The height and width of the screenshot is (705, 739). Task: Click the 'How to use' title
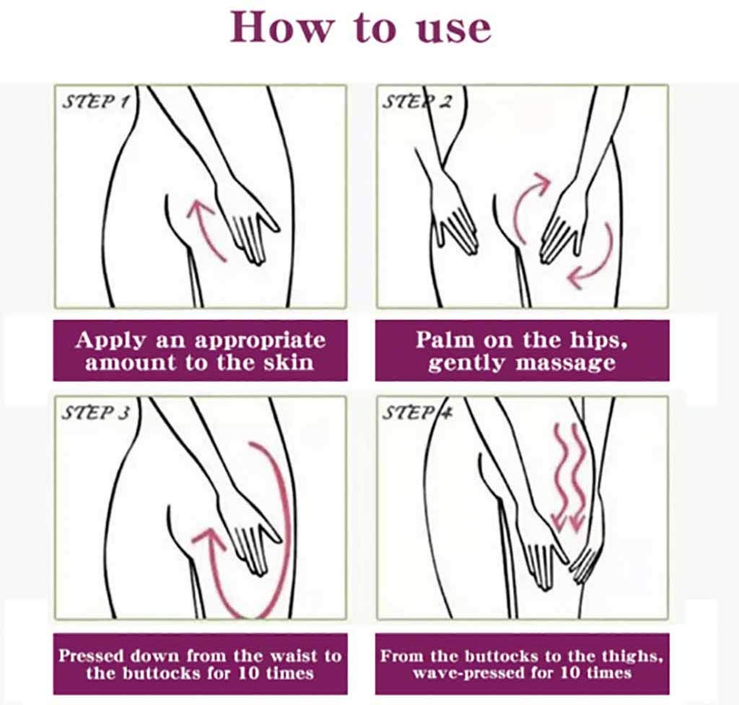click(x=361, y=27)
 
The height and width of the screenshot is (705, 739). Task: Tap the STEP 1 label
click(x=96, y=101)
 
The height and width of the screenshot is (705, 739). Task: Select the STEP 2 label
click(x=417, y=101)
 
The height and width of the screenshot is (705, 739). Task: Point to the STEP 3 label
click(x=96, y=413)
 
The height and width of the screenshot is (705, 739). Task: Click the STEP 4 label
click(x=417, y=413)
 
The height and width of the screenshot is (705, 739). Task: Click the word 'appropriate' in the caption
click(x=260, y=341)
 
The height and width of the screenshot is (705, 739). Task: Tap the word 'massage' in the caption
click(x=566, y=364)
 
